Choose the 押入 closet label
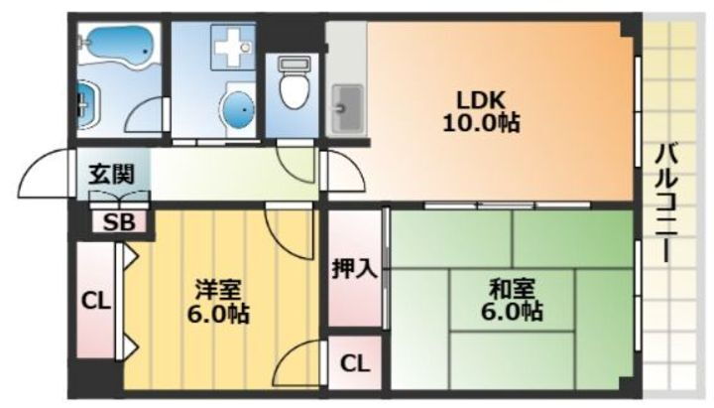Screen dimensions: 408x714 [x=354, y=268]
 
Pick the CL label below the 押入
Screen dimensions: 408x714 [x=354, y=363]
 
